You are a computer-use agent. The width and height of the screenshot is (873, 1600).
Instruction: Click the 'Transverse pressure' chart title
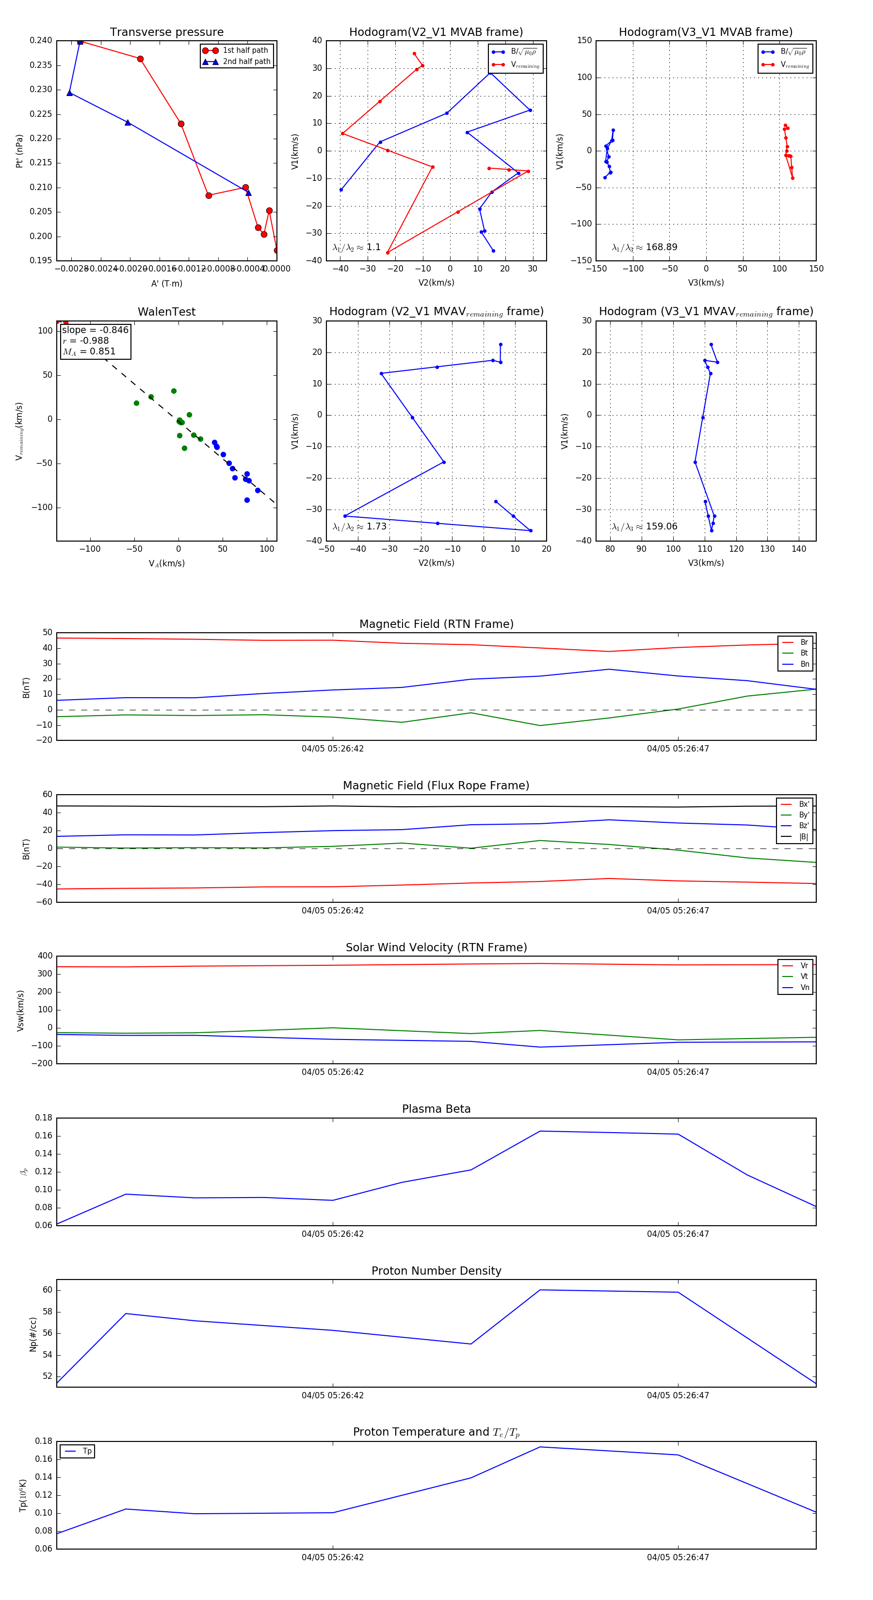(x=166, y=32)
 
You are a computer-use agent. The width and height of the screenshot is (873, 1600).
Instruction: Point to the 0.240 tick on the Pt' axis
(x=41, y=40)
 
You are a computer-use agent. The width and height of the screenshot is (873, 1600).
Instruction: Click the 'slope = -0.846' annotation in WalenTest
(x=95, y=330)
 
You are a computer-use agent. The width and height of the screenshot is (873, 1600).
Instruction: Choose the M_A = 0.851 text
(x=89, y=352)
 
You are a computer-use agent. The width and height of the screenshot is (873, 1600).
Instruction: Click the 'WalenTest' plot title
(x=166, y=312)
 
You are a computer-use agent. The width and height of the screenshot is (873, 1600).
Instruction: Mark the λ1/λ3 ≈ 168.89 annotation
(x=645, y=247)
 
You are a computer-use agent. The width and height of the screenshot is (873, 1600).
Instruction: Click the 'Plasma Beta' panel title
(x=436, y=1109)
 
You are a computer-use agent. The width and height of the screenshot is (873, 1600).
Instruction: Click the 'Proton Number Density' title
(x=436, y=1271)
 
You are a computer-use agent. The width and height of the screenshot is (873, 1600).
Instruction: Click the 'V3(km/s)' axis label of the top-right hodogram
(x=705, y=283)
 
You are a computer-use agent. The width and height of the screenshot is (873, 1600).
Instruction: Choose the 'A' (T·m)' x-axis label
(x=166, y=283)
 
